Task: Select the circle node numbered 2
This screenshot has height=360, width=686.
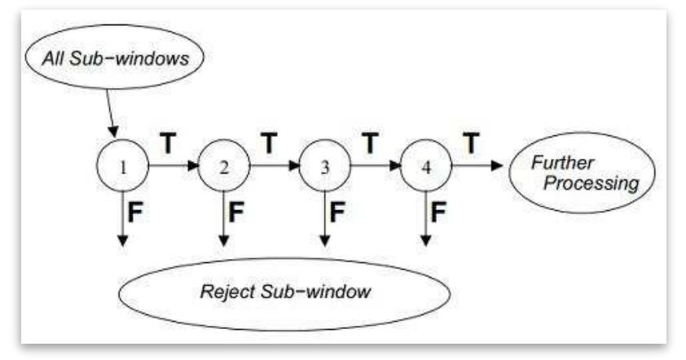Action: click(x=222, y=167)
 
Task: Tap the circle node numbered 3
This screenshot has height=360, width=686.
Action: click(x=324, y=167)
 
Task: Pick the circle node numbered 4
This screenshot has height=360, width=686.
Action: click(x=425, y=167)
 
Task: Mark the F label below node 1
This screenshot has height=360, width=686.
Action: click(x=137, y=213)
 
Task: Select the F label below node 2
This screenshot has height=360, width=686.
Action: click(x=237, y=213)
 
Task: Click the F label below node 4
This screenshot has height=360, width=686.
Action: click(x=438, y=213)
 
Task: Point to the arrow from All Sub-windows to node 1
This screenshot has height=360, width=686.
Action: click(x=111, y=114)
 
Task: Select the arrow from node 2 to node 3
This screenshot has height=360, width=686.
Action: click(x=274, y=166)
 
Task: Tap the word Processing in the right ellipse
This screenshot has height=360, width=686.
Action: click(x=591, y=183)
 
